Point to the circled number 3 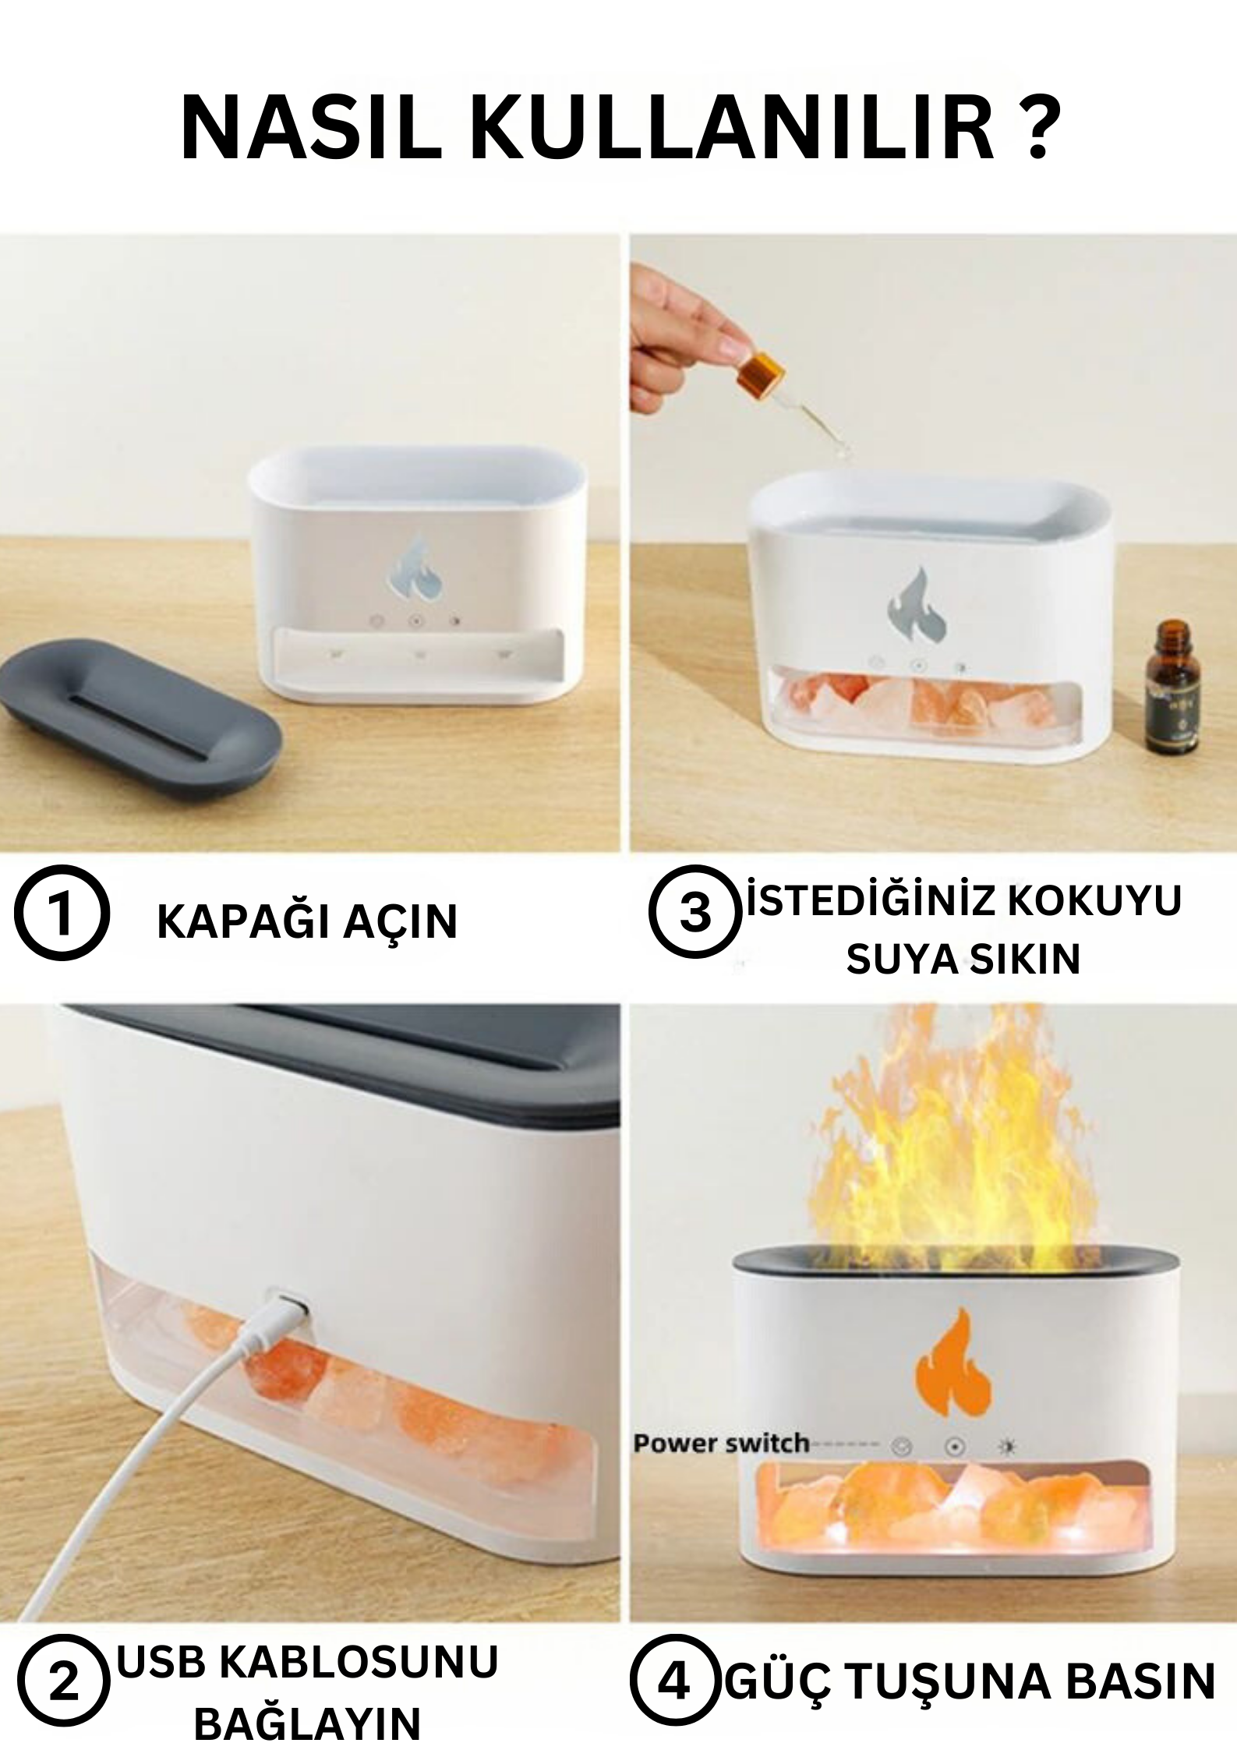pos(694,913)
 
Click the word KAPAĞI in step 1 pos(239,922)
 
